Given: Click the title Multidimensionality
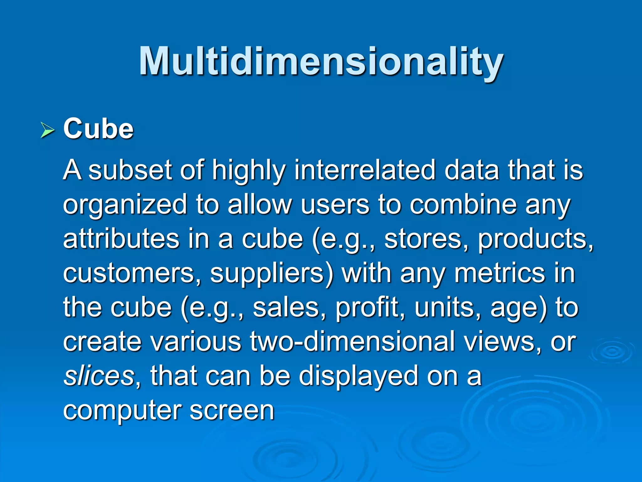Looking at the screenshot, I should click(321, 62).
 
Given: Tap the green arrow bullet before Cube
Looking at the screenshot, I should click(47, 130).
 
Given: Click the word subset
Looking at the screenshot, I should click(130, 170).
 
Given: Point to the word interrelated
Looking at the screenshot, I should click(365, 170).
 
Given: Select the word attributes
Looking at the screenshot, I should click(121, 239).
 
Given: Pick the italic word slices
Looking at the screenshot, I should click(99, 376).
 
